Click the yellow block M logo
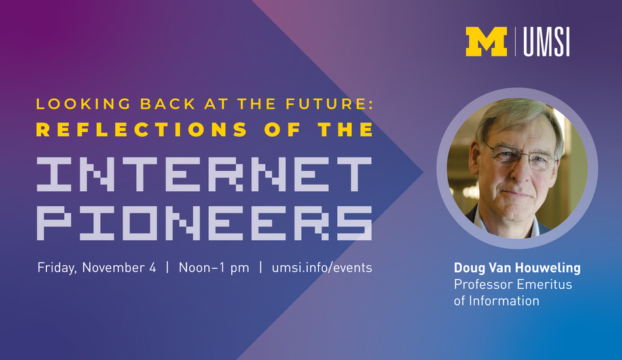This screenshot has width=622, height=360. [486, 42]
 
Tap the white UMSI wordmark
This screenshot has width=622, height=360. [547, 42]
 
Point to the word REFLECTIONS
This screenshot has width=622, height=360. [142, 130]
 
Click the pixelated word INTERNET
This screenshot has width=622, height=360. [204, 174]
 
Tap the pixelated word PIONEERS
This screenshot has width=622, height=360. [204, 223]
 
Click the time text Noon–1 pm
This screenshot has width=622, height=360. [214, 268]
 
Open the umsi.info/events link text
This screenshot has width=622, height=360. [321, 268]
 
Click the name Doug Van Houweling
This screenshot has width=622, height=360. [517, 268]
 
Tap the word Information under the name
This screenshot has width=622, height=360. [503, 301]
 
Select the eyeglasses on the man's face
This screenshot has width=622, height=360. [521, 156]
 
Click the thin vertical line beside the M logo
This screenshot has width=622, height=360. [515, 42]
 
